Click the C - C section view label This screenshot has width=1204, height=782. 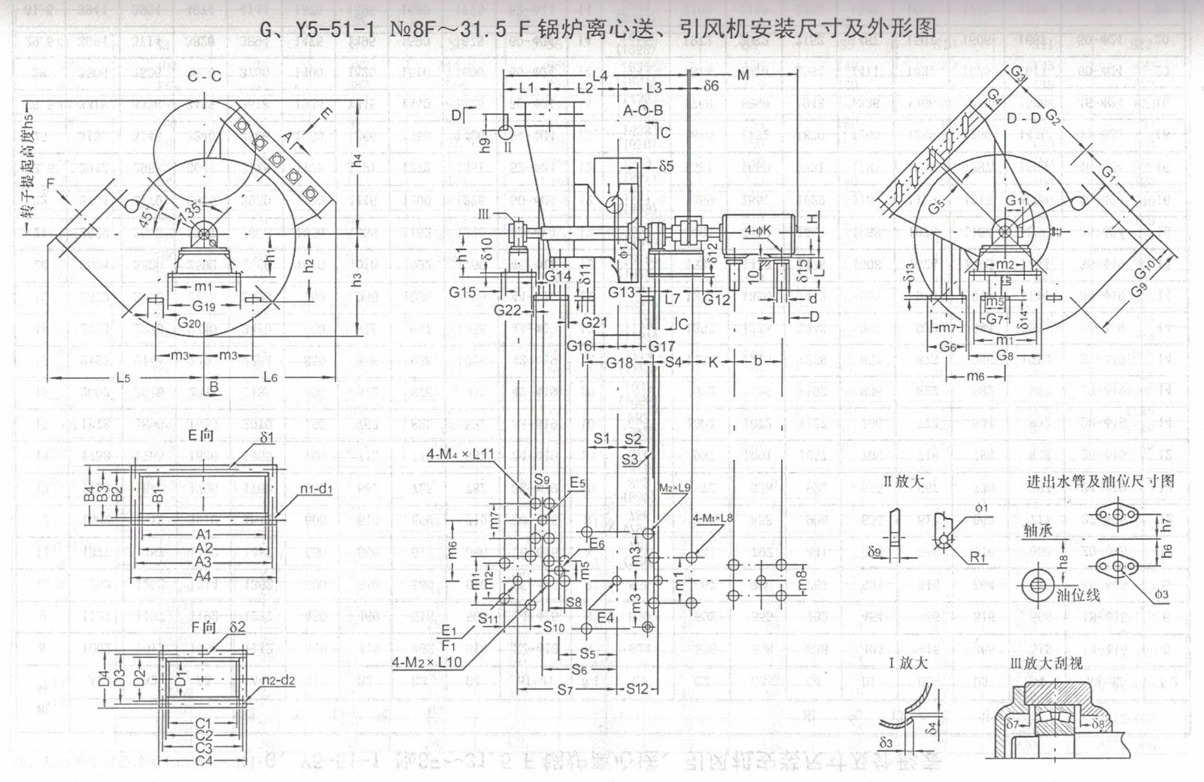[204, 76]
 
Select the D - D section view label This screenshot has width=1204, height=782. [1023, 117]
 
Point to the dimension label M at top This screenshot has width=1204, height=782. [743, 75]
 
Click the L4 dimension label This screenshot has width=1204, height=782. [599, 76]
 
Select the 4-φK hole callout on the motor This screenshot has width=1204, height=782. [757, 230]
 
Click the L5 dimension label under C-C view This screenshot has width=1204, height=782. [123, 377]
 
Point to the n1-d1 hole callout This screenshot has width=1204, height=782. [316, 489]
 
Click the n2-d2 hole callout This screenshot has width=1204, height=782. [278, 680]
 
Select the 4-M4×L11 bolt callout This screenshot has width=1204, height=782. [460, 454]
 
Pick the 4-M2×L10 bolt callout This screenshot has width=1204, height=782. [426, 662]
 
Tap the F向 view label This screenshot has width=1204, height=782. [203, 628]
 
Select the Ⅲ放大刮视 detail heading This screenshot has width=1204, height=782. [1046, 663]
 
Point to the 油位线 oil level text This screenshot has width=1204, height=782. [1078, 595]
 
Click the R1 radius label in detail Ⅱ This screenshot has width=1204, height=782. [977, 557]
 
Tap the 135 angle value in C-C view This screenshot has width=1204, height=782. [190, 211]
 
